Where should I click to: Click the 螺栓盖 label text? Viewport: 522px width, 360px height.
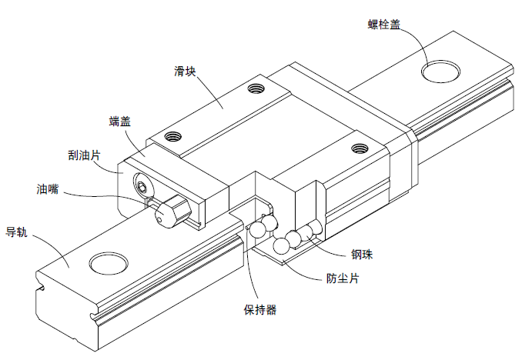383,25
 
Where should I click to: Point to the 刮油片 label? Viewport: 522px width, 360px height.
84,155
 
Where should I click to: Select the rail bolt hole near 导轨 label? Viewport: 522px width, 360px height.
107,262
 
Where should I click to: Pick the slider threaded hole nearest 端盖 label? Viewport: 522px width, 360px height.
172,138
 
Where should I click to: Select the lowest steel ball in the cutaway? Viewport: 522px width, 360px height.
282,245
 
